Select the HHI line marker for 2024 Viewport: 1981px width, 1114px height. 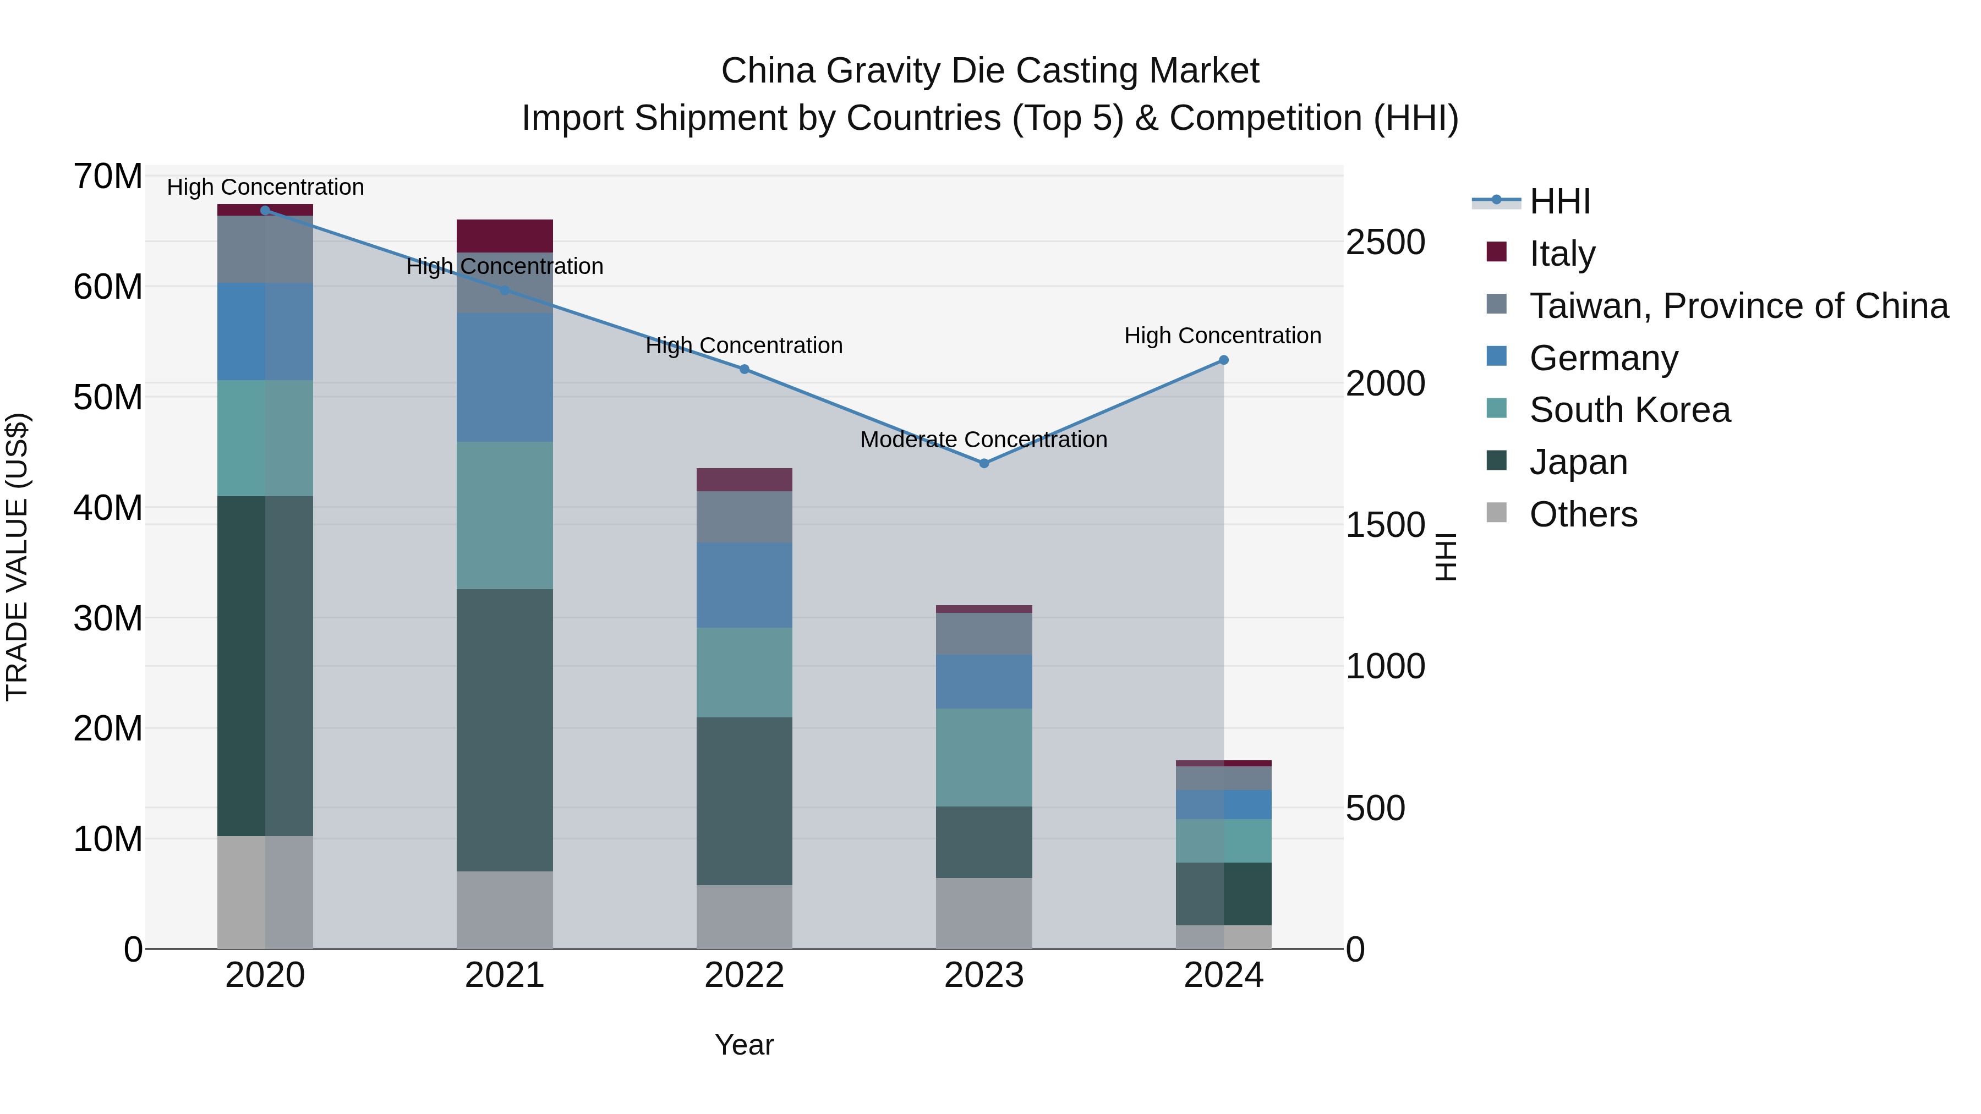pos(1223,360)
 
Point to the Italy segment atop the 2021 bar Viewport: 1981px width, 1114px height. pos(505,235)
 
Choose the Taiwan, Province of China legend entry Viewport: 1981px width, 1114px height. pos(1738,305)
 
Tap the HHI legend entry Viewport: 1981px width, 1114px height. pos(1559,201)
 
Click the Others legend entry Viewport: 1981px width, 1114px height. pos(1583,514)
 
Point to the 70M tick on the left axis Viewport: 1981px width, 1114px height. pos(108,176)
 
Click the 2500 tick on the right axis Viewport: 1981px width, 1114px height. pos(1385,242)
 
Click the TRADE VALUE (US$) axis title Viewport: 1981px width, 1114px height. pos(17,557)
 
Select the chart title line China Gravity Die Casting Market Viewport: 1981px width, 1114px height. pos(990,71)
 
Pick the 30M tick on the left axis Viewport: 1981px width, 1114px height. pos(108,618)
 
